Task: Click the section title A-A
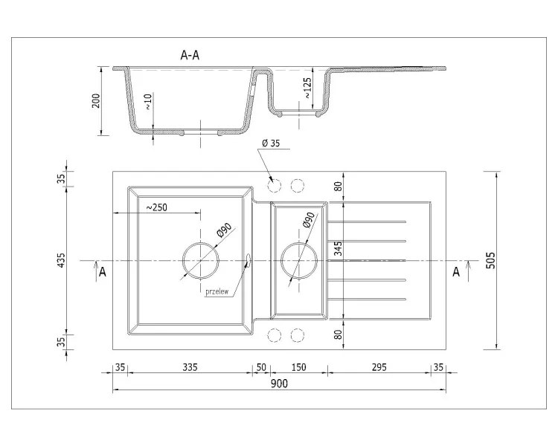pyautogui.click(x=190, y=55)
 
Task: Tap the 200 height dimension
pyautogui.click(x=96, y=101)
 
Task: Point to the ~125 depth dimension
pyautogui.click(x=307, y=88)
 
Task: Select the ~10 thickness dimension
pyautogui.click(x=148, y=101)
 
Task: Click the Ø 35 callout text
pyautogui.click(x=271, y=143)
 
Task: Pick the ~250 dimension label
pyautogui.click(x=156, y=207)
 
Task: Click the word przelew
pyautogui.click(x=217, y=291)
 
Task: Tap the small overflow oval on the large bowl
pyautogui.click(x=248, y=259)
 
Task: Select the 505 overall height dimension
pyautogui.click(x=490, y=260)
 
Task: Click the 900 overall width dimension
pyautogui.click(x=279, y=384)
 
